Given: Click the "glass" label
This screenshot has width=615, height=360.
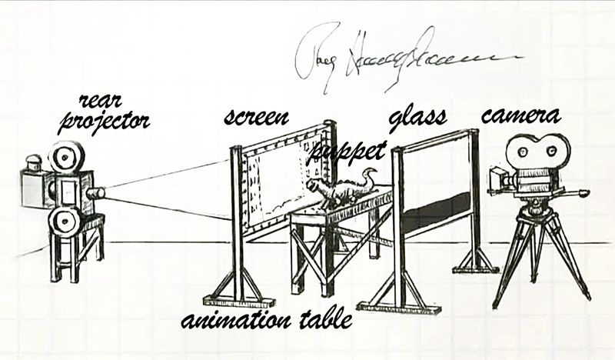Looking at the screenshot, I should [417, 118].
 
